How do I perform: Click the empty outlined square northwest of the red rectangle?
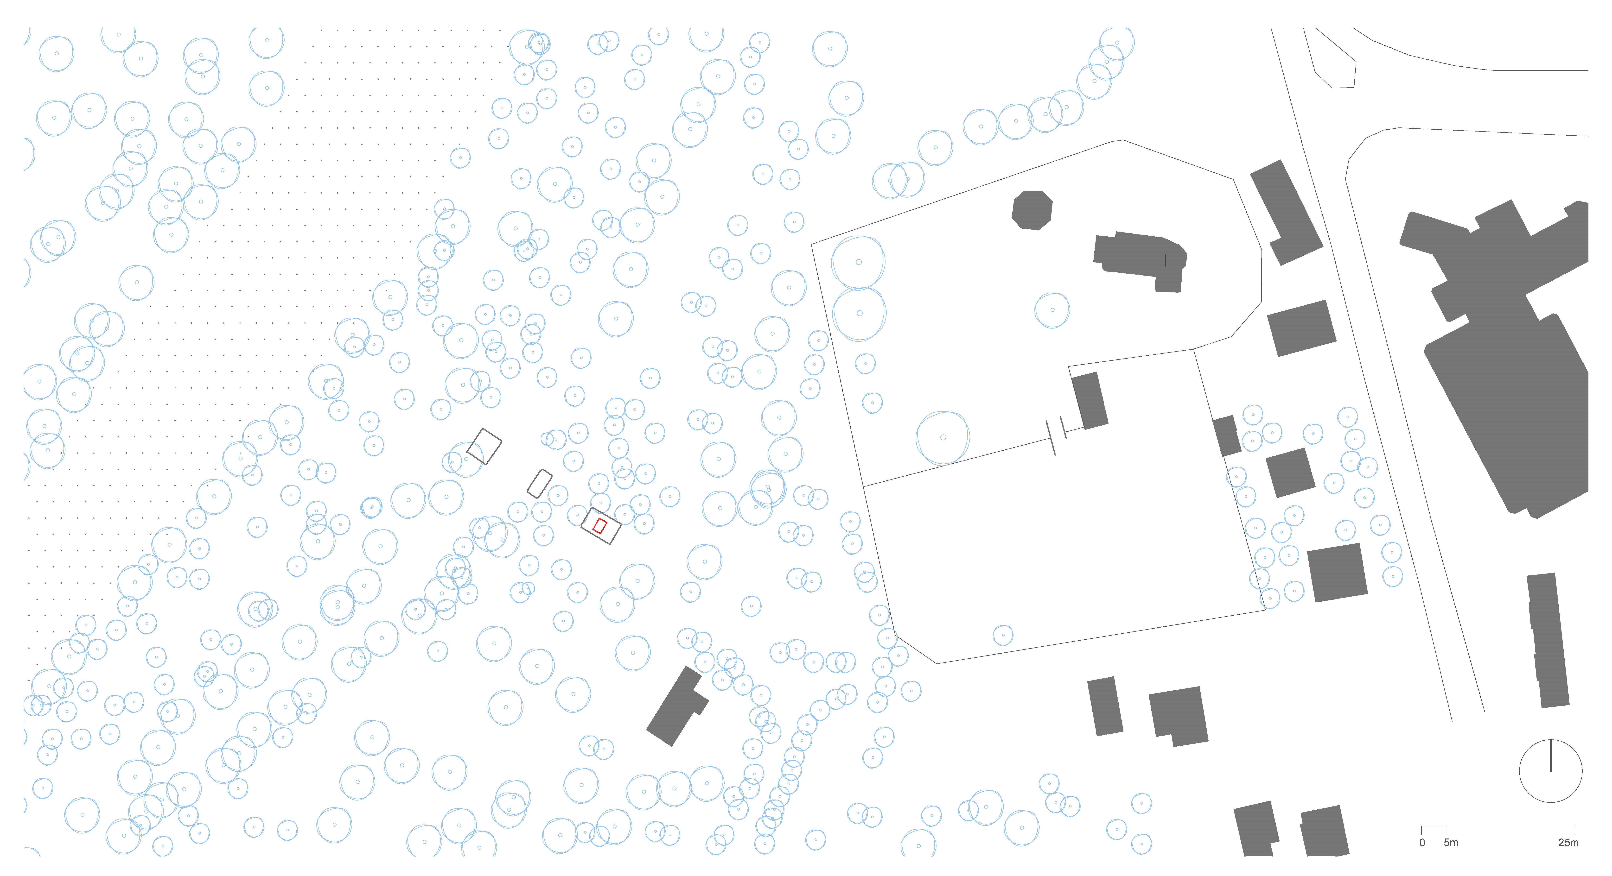tap(484, 446)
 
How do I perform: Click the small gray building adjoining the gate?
tap(1090, 400)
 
